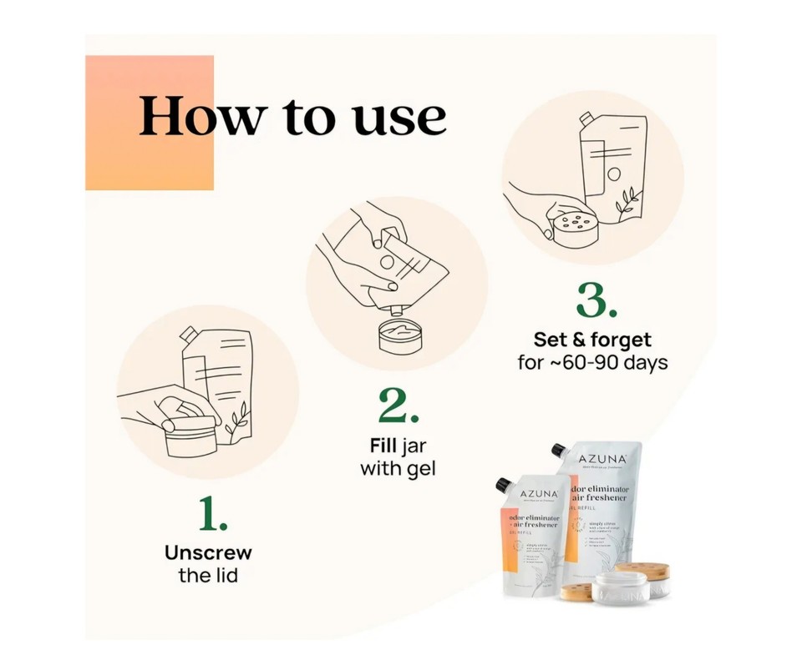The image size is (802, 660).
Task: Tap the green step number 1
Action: [x=213, y=515]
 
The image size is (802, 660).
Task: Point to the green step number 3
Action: [x=597, y=301]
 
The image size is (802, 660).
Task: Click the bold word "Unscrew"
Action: [x=208, y=552]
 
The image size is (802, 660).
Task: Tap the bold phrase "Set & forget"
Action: [x=592, y=340]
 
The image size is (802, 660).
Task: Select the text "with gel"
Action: [x=398, y=468]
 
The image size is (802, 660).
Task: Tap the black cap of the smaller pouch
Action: [x=503, y=485]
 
